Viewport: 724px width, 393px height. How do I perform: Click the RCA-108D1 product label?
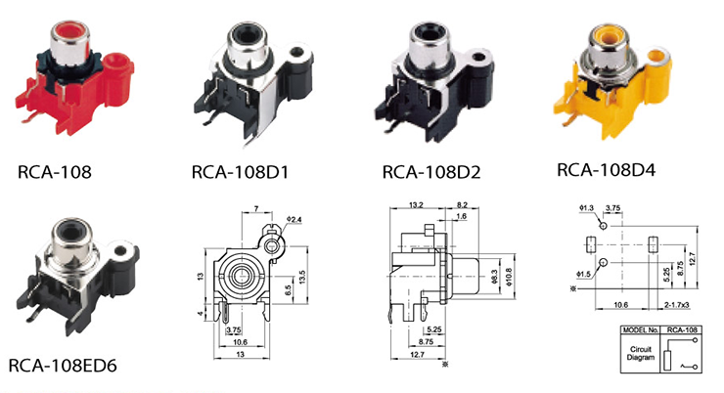[240, 172]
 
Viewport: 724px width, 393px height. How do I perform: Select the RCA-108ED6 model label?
[63, 366]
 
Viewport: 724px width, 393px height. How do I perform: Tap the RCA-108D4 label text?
[606, 170]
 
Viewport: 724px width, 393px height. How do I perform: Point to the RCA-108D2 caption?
[431, 172]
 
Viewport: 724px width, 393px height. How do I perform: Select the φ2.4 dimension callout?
[294, 220]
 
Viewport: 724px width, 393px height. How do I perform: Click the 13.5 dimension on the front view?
[302, 277]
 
